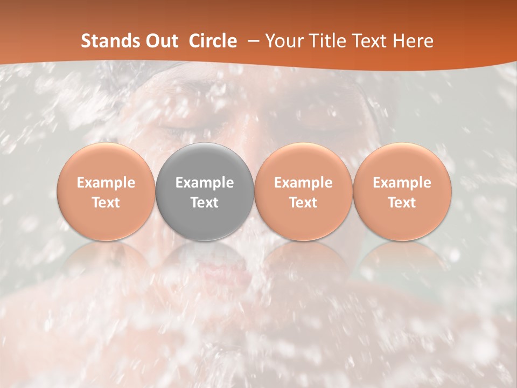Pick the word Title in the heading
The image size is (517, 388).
[328, 41]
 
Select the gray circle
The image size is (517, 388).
[205, 191]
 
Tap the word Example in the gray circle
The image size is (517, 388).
[205, 183]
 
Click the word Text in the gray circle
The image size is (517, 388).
[205, 203]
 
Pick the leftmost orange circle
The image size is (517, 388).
[106, 191]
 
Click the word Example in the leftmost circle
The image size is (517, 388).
[106, 183]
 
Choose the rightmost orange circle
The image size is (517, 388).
[402, 191]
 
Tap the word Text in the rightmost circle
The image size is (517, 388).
[402, 203]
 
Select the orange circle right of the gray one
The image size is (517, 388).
[303, 191]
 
